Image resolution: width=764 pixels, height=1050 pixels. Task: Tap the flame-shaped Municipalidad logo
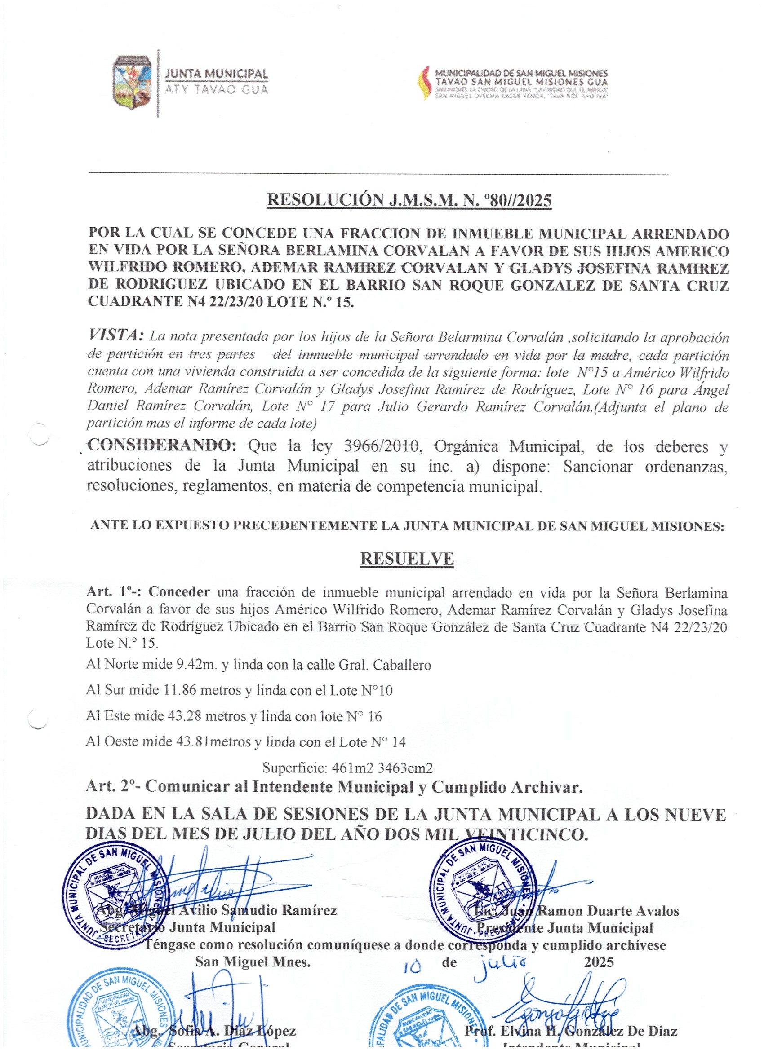point(424,83)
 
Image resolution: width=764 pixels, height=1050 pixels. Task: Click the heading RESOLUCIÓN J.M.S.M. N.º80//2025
point(409,200)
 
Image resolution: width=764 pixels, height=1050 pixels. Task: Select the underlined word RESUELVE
point(407,558)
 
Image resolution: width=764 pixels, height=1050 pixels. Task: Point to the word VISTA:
point(116,335)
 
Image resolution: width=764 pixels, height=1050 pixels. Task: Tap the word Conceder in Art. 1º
point(179,592)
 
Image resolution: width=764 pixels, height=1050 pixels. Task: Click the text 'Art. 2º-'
point(113,786)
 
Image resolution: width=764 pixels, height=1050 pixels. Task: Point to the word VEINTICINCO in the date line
point(525,834)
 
